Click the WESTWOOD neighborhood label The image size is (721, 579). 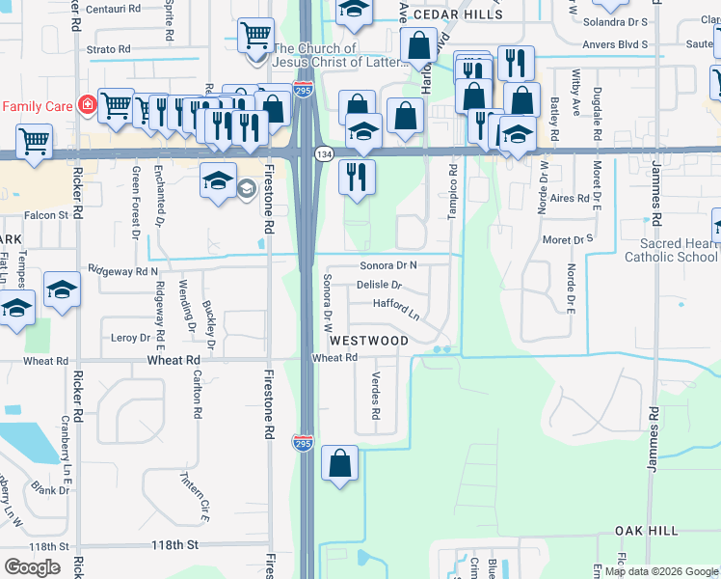pos(370,341)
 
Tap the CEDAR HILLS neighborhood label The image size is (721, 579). pos(457,16)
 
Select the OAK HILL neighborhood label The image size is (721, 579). pos(647,532)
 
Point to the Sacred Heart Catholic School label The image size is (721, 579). pos(671,251)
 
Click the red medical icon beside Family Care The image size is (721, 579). pos(87,105)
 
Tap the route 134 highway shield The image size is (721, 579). pos(324,154)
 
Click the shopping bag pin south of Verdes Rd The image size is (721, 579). pos(340,464)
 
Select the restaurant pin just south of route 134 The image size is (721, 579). pos(357,177)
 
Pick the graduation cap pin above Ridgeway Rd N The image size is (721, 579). pos(62,289)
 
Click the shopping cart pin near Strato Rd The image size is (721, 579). pos(254,37)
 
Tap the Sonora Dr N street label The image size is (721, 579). pos(388,264)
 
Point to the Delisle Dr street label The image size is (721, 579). pos(379,286)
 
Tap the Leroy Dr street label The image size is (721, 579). pos(131,338)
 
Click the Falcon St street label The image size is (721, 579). pos(47,215)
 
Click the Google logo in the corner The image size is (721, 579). pos(32,567)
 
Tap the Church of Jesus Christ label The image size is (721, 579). pos(315,55)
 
